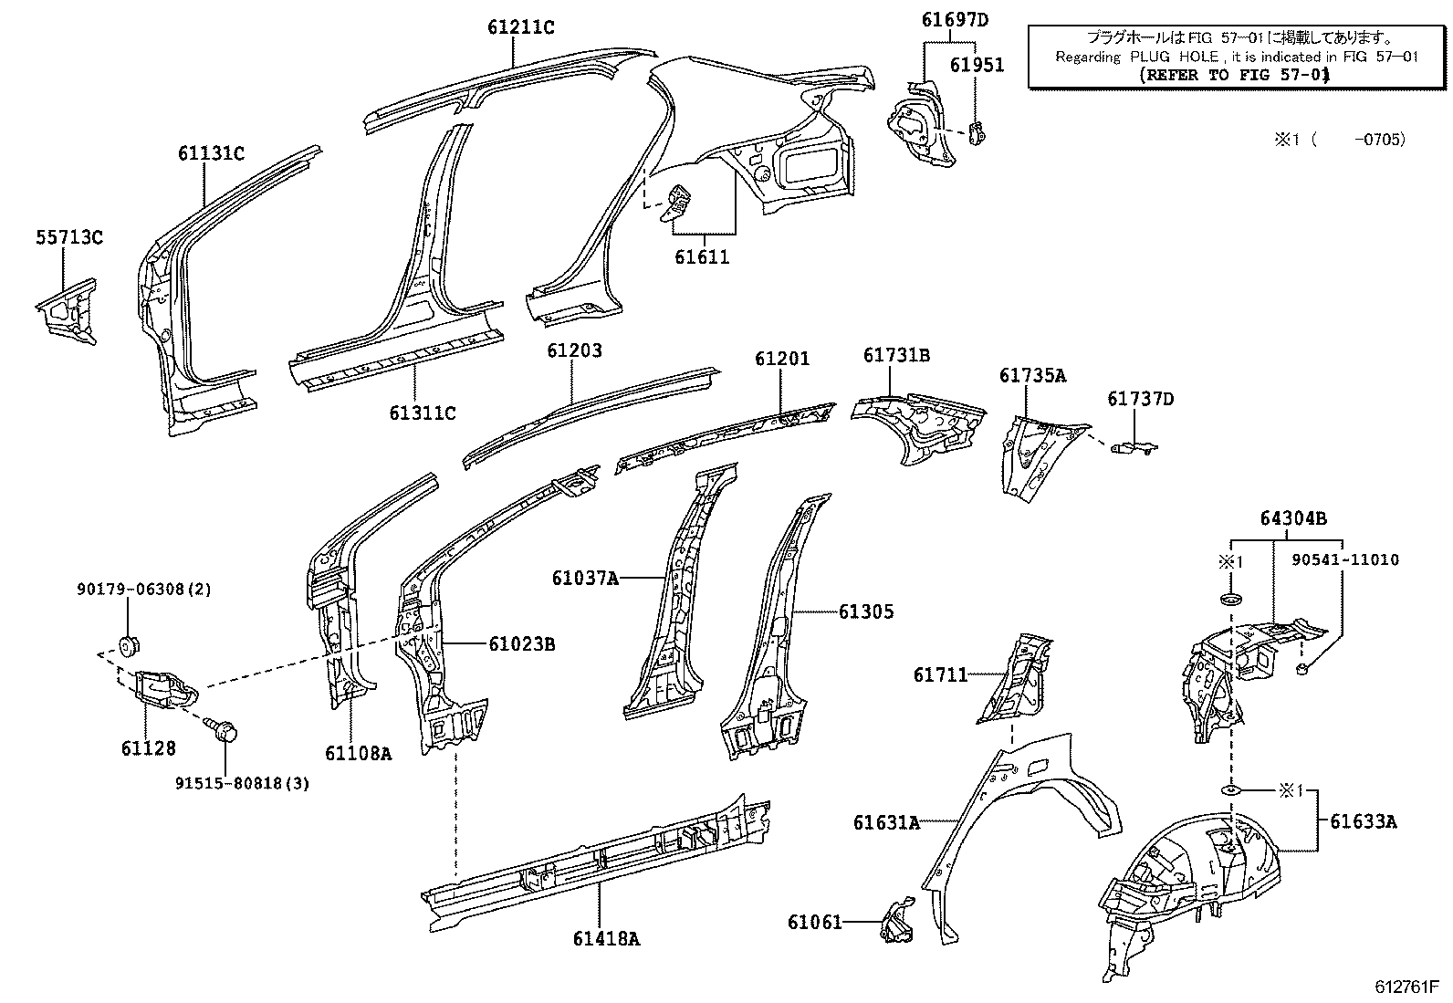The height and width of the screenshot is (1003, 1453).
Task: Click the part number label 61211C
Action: pos(520,27)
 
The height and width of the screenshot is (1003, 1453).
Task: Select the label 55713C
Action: pos(69,238)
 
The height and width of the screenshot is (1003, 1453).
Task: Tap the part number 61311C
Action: pos(422,413)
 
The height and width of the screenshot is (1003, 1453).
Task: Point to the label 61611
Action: pos(702,257)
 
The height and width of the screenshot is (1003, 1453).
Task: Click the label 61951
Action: pos(977,65)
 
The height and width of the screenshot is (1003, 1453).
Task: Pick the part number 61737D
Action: pos(1141,399)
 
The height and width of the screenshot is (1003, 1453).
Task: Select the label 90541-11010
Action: pos(1345,559)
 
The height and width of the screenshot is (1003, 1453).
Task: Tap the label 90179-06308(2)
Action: pos(143,590)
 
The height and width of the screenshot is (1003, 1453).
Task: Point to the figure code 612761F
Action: pos(1407,987)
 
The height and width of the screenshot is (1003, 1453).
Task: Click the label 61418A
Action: pos(607,937)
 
